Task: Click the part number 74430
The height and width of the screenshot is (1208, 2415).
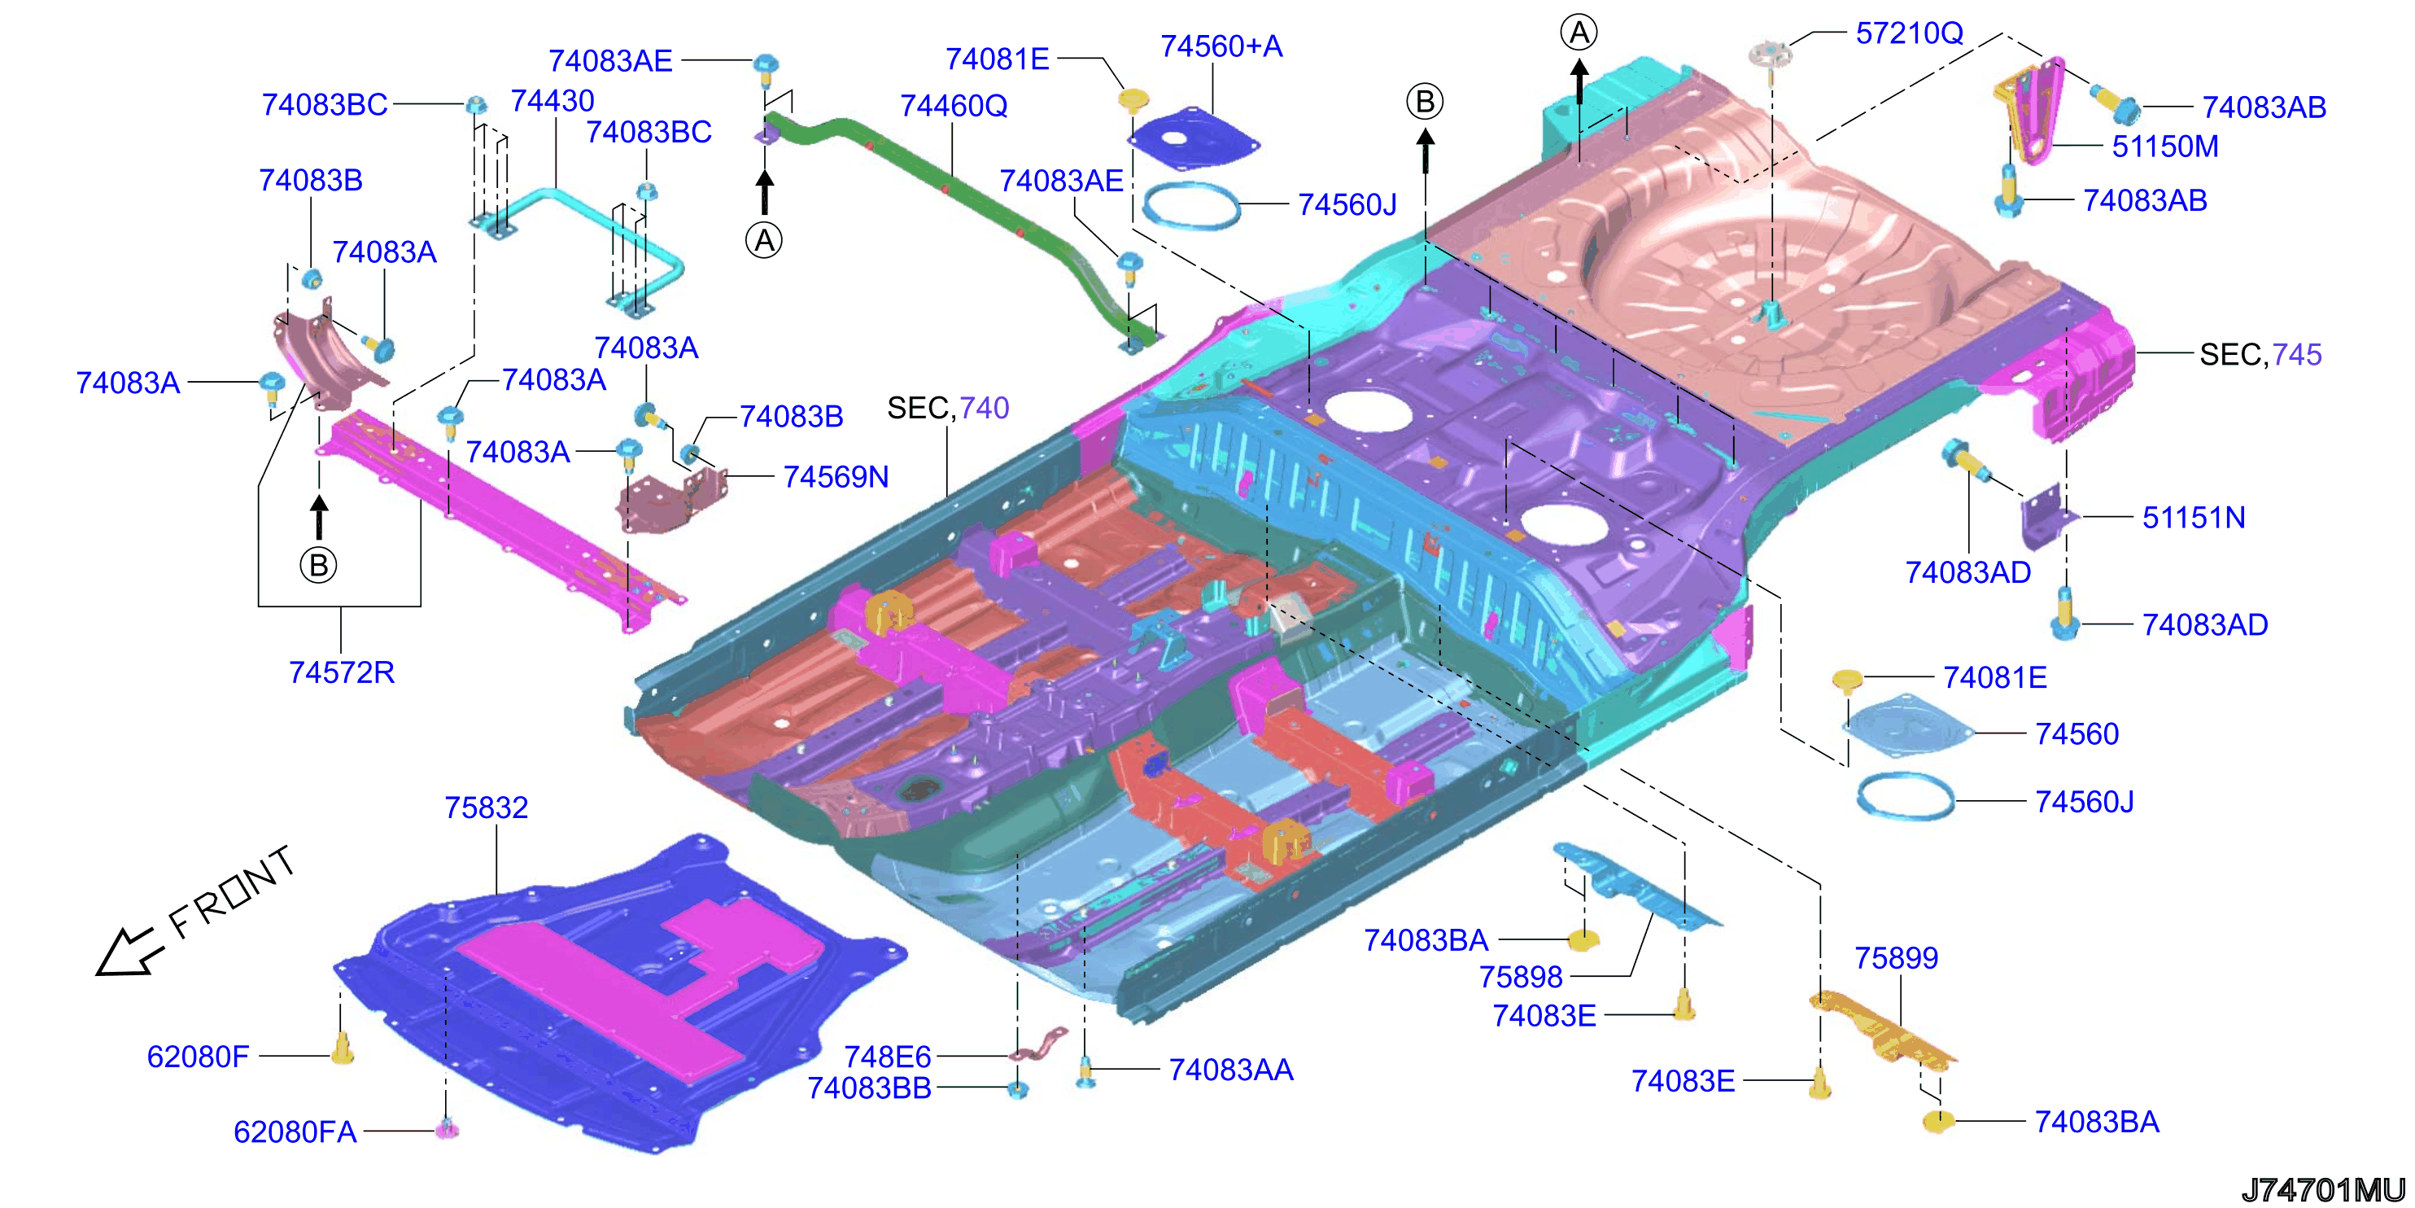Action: [x=552, y=100]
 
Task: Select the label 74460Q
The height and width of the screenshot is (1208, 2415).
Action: [x=954, y=106]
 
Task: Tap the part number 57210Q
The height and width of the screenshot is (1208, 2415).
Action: [x=1909, y=33]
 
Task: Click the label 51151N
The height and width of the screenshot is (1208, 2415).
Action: [x=2194, y=517]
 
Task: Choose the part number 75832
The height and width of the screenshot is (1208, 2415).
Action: [x=486, y=808]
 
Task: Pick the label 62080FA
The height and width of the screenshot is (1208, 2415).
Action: [x=295, y=1132]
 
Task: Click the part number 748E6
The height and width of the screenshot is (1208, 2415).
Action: [x=887, y=1057]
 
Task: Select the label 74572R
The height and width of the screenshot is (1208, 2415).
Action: [x=341, y=672]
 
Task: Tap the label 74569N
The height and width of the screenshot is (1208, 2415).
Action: [x=836, y=476]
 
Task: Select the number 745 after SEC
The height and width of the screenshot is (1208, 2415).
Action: [x=2296, y=355]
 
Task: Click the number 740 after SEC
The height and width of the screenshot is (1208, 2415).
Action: [x=984, y=408]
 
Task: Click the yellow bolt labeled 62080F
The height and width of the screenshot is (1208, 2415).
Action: [x=343, y=1049]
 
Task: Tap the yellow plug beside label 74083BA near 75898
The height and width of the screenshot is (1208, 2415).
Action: [x=1583, y=939]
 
